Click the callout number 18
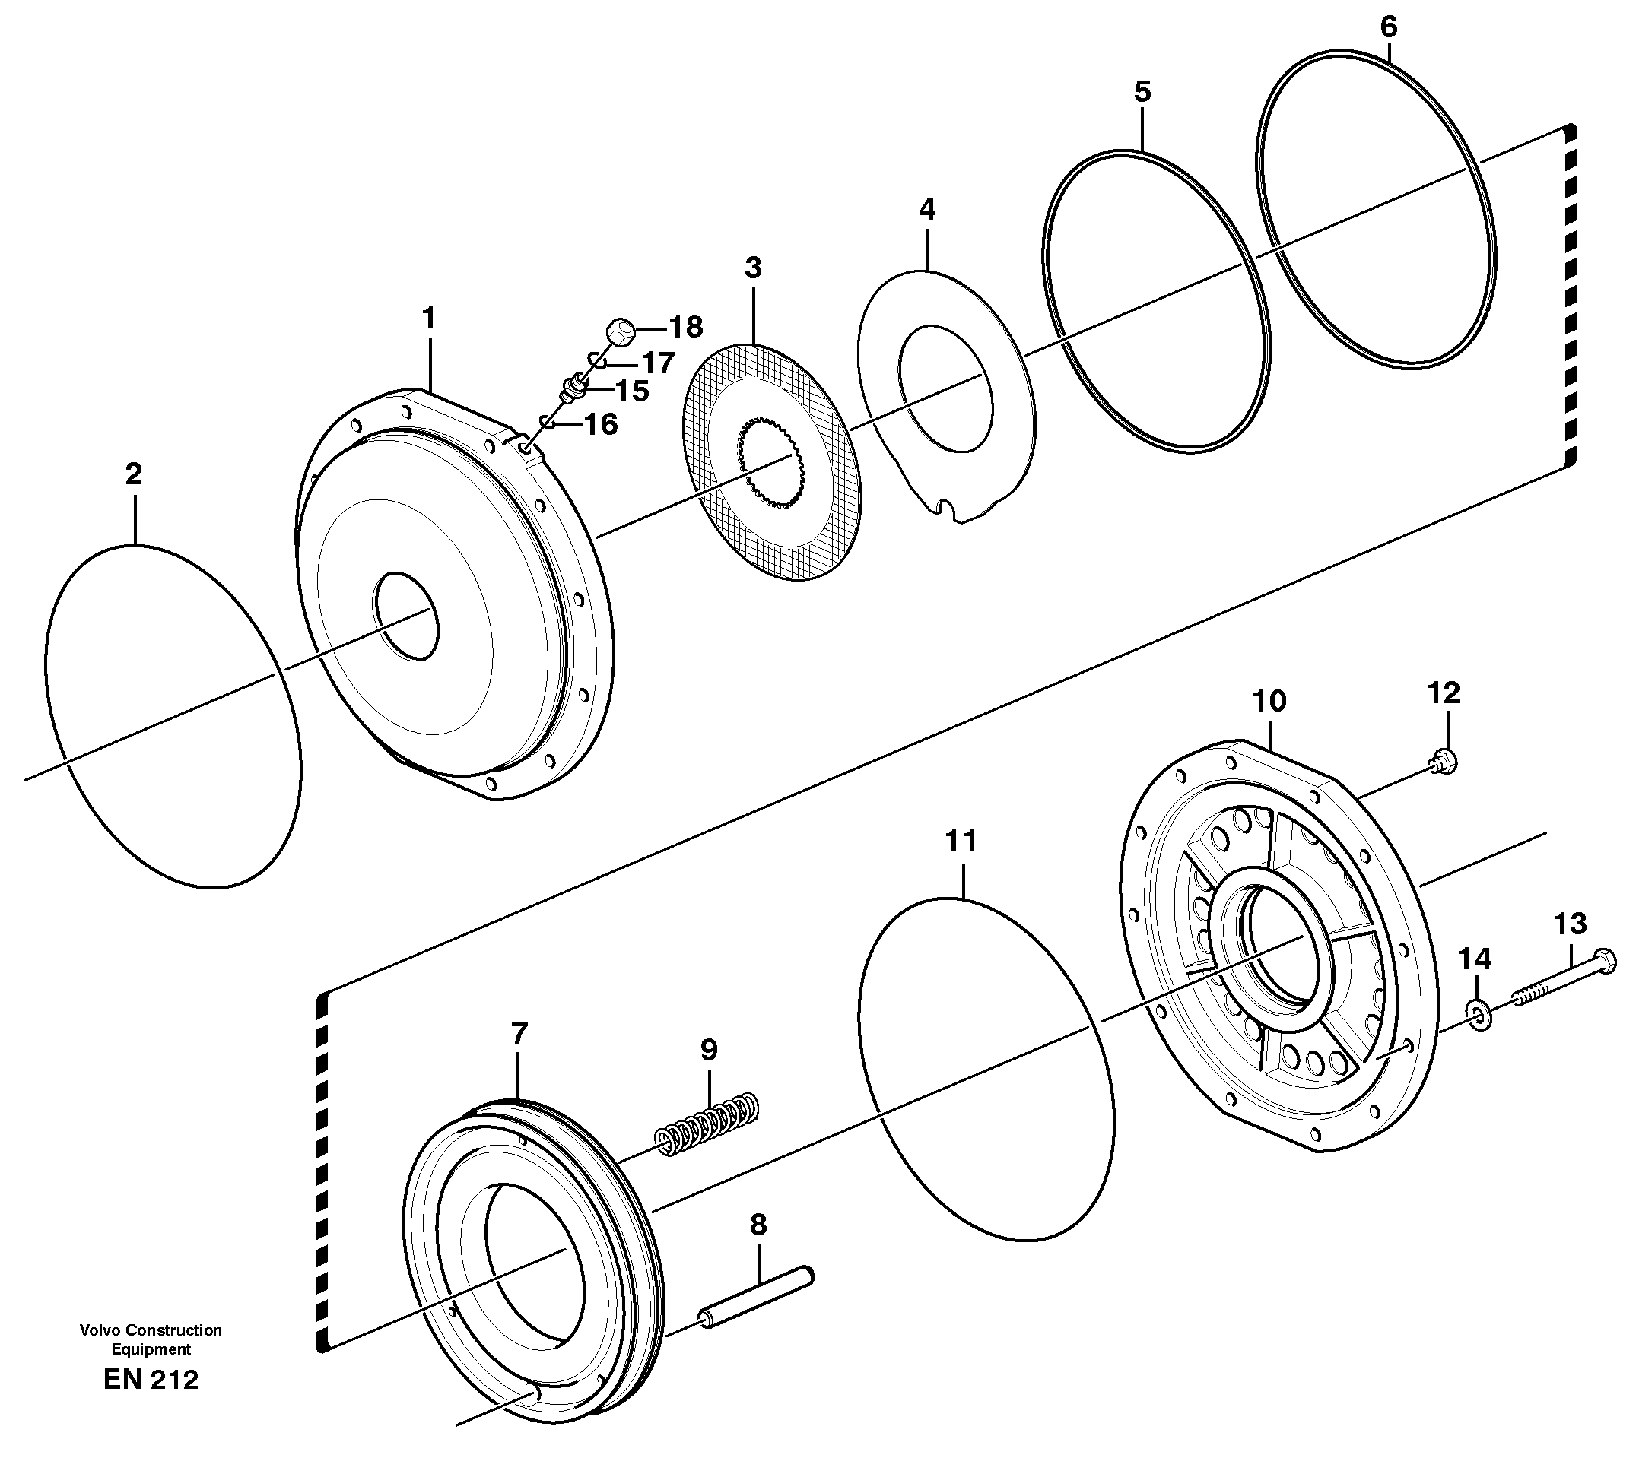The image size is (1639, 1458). pos(685,327)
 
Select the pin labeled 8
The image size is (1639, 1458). pos(758,1297)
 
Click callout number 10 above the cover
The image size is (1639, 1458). pos(1270,702)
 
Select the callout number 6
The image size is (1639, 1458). pos(1388,27)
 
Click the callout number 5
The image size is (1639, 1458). pos(1142,92)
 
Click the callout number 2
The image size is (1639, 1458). pos(133,474)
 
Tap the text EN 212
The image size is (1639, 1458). pos(151,1380)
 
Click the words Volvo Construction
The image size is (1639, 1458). pos(151,1330)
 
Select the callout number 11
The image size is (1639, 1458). pos(961,842)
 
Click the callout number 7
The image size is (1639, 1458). pos(519,1034)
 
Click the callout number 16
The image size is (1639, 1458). pos(601,424)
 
